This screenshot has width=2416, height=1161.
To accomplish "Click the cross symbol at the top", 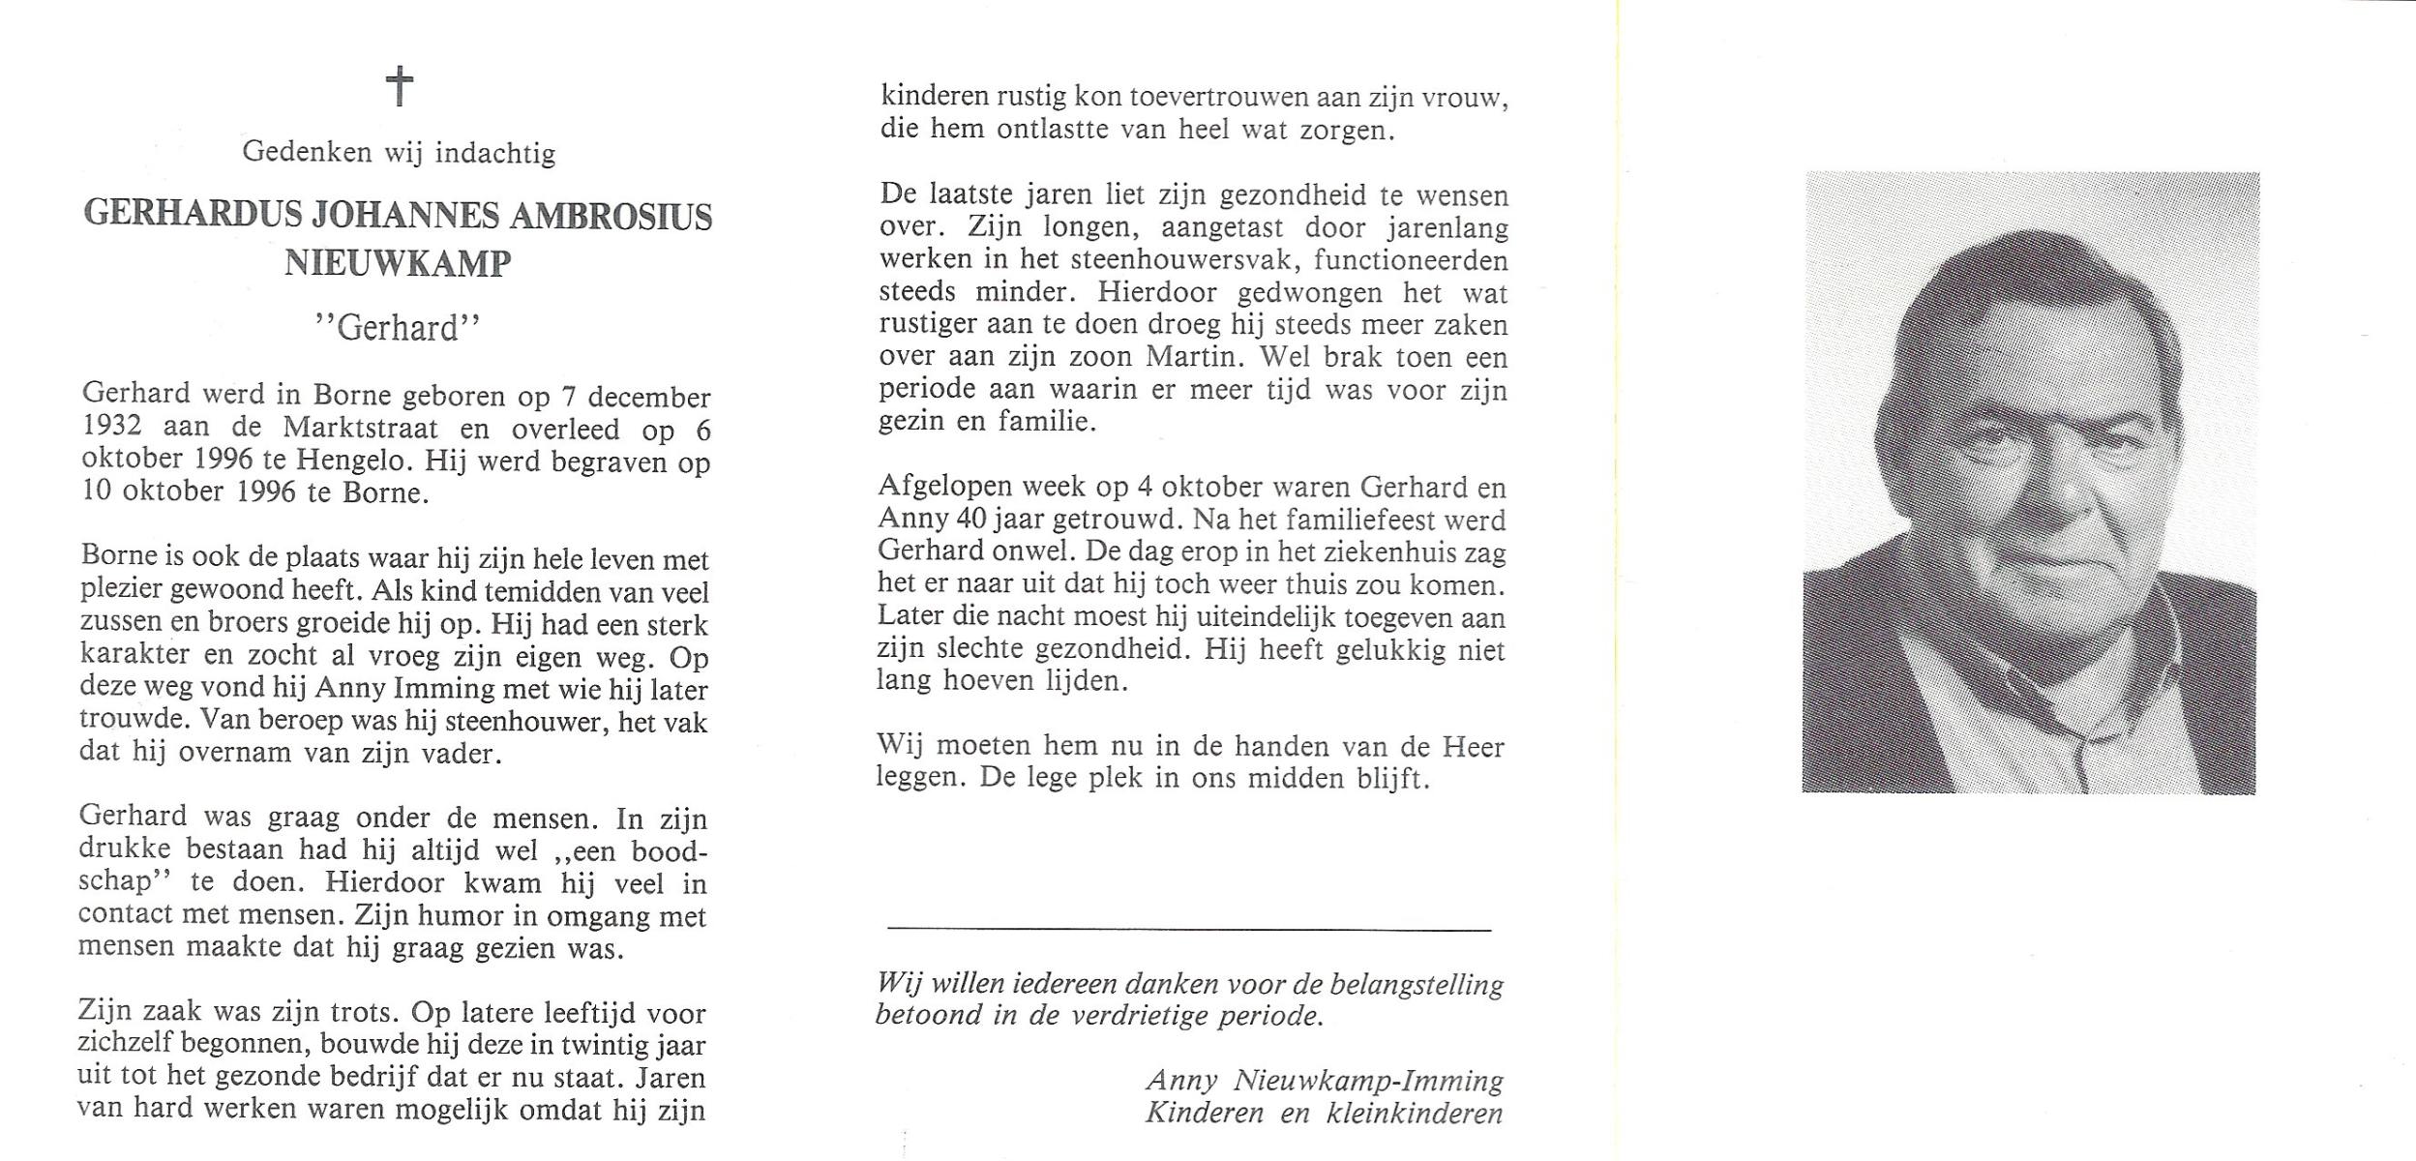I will click(x=400, y=86).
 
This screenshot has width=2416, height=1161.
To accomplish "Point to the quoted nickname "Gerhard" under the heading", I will click(x=398, y=329).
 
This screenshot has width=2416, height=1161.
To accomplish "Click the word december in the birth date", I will click(x=649, y=398).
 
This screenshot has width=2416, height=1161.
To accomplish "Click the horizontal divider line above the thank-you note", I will click(x=1189, y=930).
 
